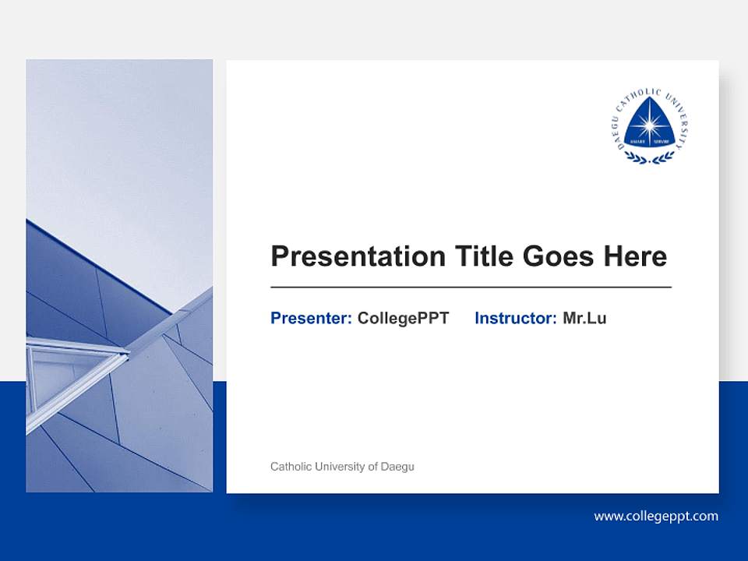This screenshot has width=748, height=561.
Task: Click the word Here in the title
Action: pyautogui.click(x=635, y=256)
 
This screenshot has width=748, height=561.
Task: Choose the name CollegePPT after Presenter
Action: pyautogui.click(x=403, y=318)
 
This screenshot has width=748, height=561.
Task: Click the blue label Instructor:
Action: pyautogui.click(x=515, y=318)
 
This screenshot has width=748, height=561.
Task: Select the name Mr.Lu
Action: pyautogui.click(x=584, y=318)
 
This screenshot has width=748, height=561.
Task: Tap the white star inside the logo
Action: pyautogui.click(x=649, y=124)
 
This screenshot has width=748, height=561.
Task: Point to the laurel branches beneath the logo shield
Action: pyautogui.click(x=649, y=158)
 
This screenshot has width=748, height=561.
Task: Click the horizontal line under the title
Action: pyautogui.click(x=471, y=288)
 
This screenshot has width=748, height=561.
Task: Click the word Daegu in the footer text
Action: pyautogui.click(x=397, y=467)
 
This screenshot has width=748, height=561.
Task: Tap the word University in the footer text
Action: pyautogui.click(x=340, y=467)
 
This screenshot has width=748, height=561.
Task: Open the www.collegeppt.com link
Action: pyautogui.click(x=656, y=516)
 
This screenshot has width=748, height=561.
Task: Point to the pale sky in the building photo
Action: pyautogui.click(x=117, y=140)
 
